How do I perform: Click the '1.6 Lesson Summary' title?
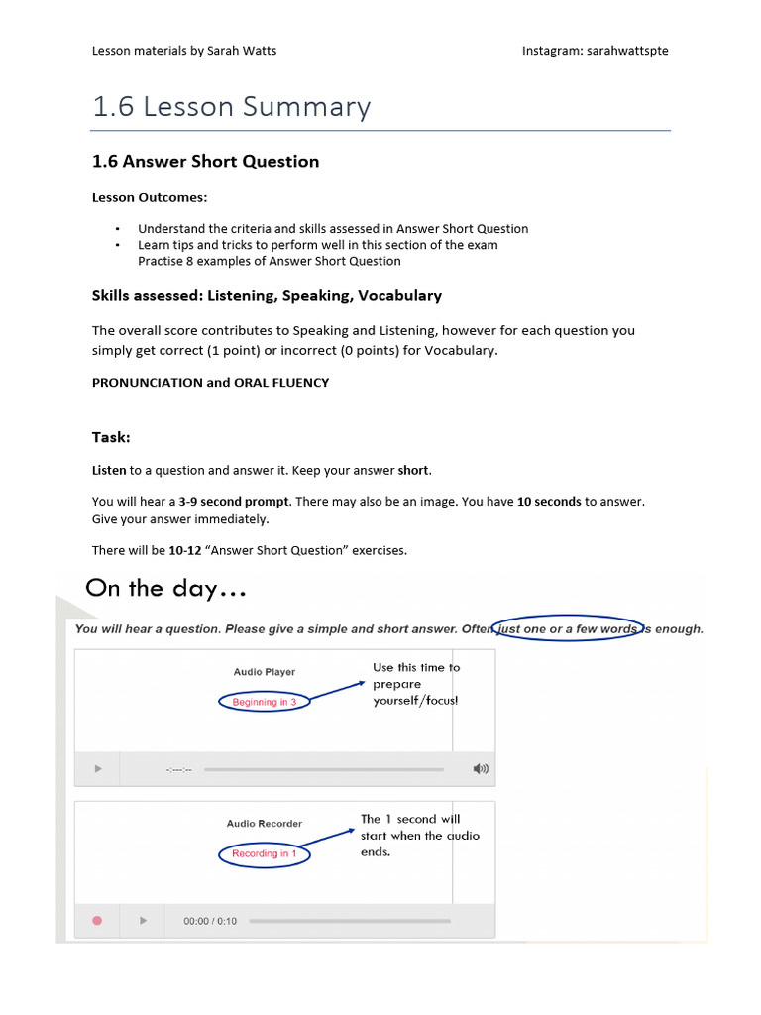pyautogui.click(x=231, y=107)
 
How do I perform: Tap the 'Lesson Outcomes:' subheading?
pyautogui.click(x=150, y=197)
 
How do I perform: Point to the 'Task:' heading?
pyautogui.click(x=111, y=437)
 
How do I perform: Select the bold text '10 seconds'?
pyautogui.click(x=549, y=502)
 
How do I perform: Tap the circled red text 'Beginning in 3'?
pyautogui.click(x=264, y=702)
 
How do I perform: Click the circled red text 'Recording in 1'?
pyautogui.click(x=264, y=853)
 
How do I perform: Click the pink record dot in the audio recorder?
pyautogui.click(x=97, y=921)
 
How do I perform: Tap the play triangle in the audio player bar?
pyautogui.click(x=97, y=769)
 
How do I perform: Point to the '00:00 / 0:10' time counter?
pyautogui.click(x=210, y=921)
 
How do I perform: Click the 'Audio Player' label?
pyautogui.click(x=264, y=672)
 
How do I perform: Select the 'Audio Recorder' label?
pyautogui.click(x=264, y=824)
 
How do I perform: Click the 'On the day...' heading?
pyautogui.click(x=165, y=589)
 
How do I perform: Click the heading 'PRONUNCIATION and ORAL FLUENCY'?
pyautogui.click(x=210, y=383)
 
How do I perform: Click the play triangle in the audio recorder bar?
pyautogui.click(x=143, y=921)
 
